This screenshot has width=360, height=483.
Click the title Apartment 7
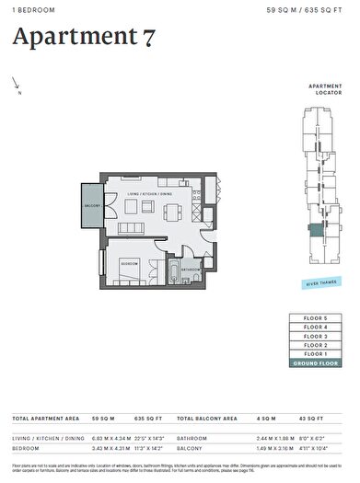[84, 38]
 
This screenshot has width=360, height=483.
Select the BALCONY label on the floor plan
[91, 206]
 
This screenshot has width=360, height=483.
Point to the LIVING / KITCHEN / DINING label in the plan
[150, 194]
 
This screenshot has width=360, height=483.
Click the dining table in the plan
[171, 212]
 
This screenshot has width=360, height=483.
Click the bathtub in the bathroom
[173, 271]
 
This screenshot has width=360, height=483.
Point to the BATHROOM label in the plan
[191, 269]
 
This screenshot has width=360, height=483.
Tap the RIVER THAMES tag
[318, 284]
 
